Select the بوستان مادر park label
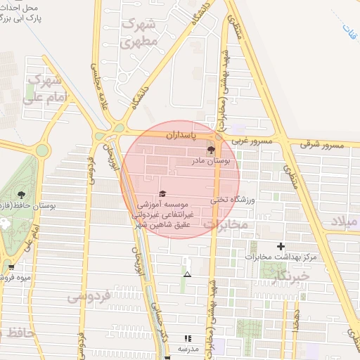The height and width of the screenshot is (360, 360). click(x=216, y=162)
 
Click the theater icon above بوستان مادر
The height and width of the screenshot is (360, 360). click(x=210, y=150)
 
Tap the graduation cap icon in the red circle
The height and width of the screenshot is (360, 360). click(x=162, y=193)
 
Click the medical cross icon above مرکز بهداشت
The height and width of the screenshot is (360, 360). click(x=281, y=246)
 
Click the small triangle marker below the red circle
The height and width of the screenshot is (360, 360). click(x=186, y=273)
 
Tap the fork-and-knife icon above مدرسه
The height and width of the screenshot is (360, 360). click(x=187, y=338)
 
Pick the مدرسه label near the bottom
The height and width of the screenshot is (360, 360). click(x=187, y=349)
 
